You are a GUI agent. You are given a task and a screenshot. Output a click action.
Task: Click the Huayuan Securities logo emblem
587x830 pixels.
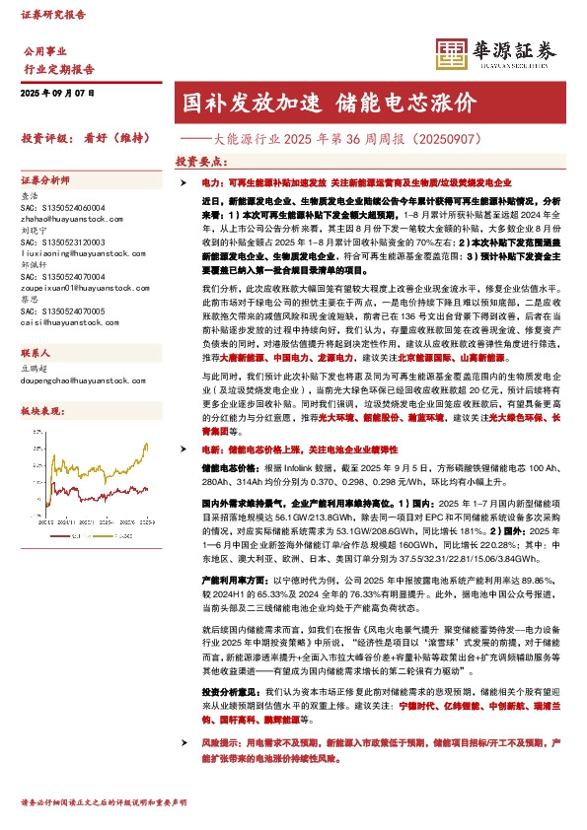click(451, 51)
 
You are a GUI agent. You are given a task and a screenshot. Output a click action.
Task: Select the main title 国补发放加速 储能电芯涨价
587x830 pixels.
click(330, 104)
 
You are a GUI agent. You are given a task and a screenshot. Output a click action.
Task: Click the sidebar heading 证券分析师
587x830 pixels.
click(45, 181)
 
